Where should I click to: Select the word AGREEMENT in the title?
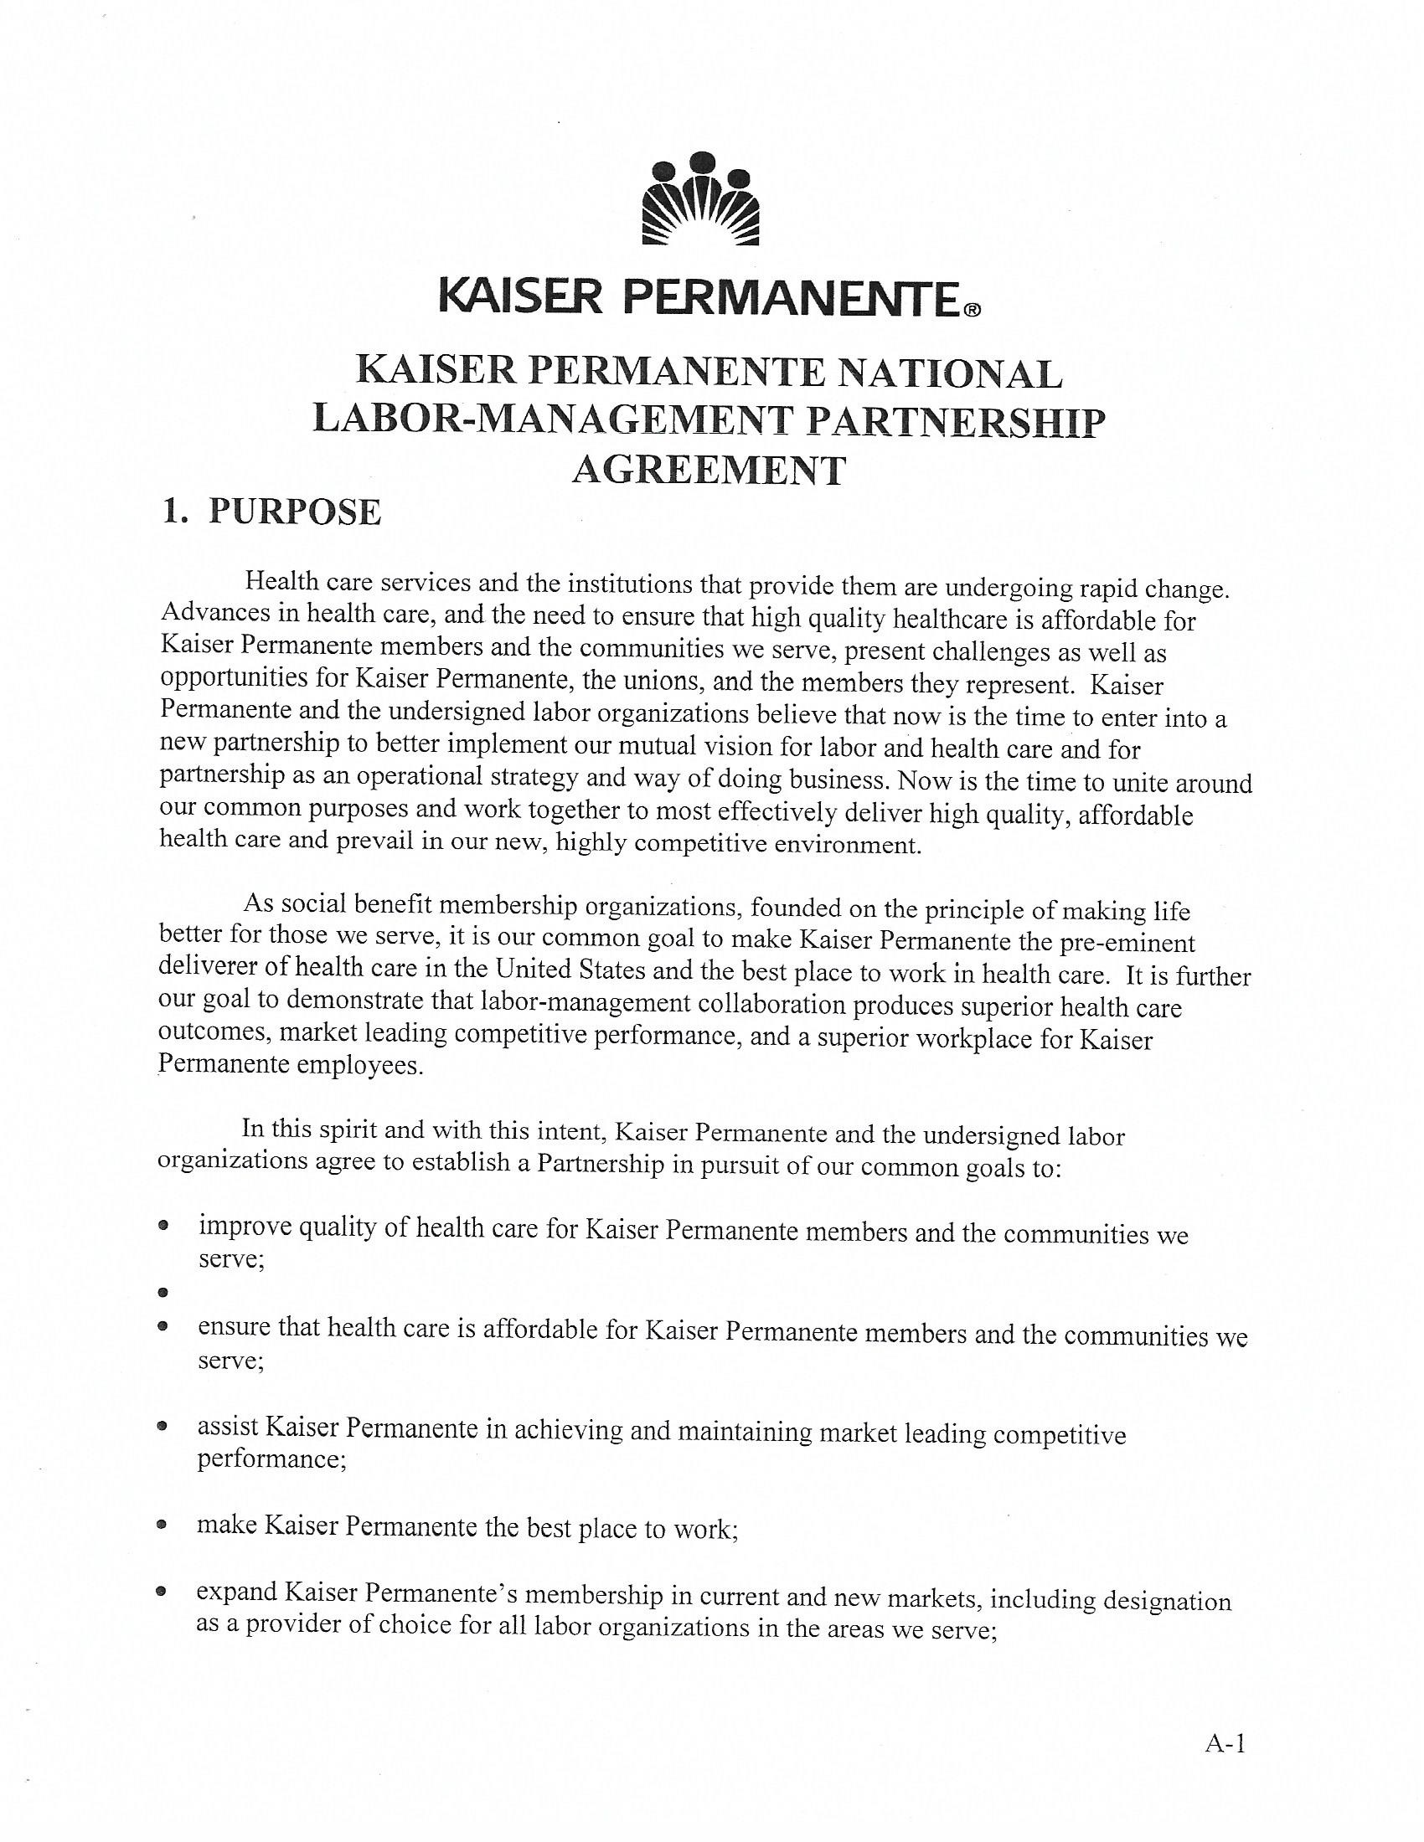pyautogui.click(x=709, y=470)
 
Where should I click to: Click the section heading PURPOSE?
pyautogui.click(x=294, y=512)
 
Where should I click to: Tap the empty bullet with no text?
pyautogui.click(x=163, y=1292)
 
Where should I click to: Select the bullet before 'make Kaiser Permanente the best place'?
pyautogui.click(x=162, y=1525)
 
